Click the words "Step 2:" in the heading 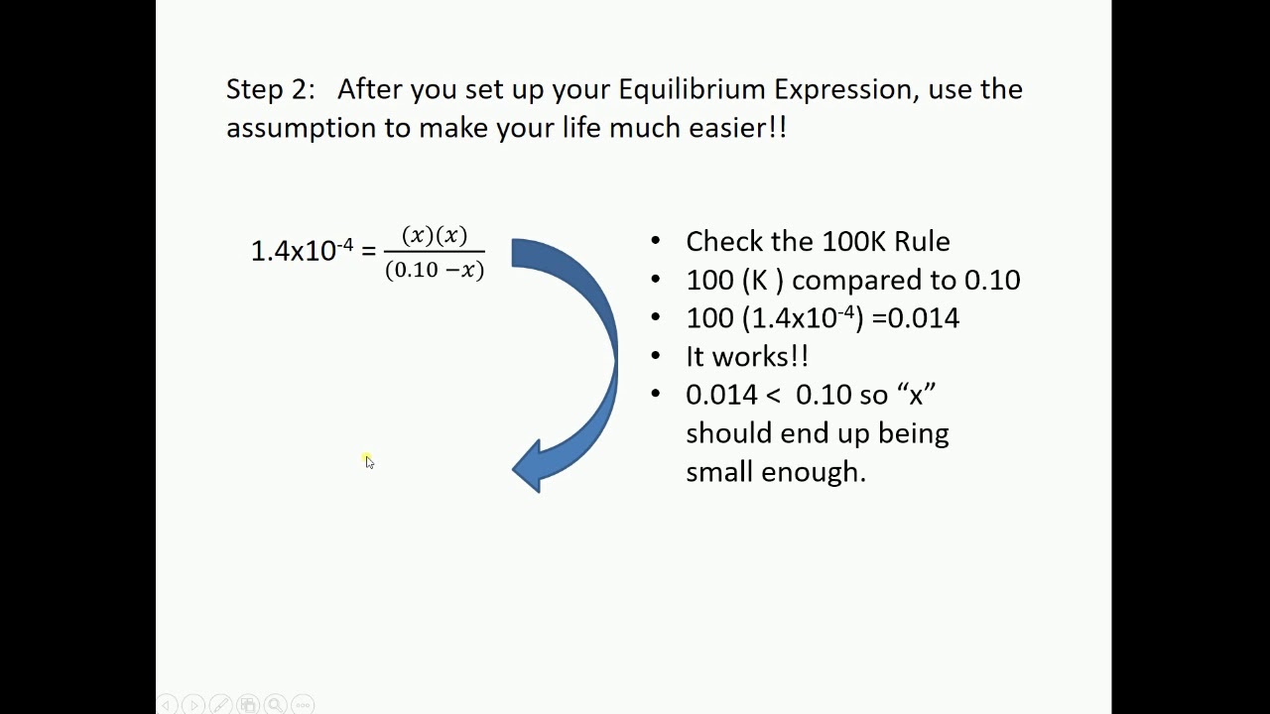click(x=270, y=89)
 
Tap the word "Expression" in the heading click(x=842, y=89)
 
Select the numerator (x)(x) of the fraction click(x=434, y=236)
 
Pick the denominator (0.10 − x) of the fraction click(x=434, y=270)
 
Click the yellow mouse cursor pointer click(x=368, y=461)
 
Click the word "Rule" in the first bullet click(x=922, y=241)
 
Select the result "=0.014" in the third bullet click(x=915, y=318)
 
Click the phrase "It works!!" click(x=746, y=356)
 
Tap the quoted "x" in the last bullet click(x=916, y=395)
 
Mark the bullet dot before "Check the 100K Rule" click(x=655, y=241)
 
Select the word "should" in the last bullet click(x=729, y=433)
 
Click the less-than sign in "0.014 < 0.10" click(x=775, y=395)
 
